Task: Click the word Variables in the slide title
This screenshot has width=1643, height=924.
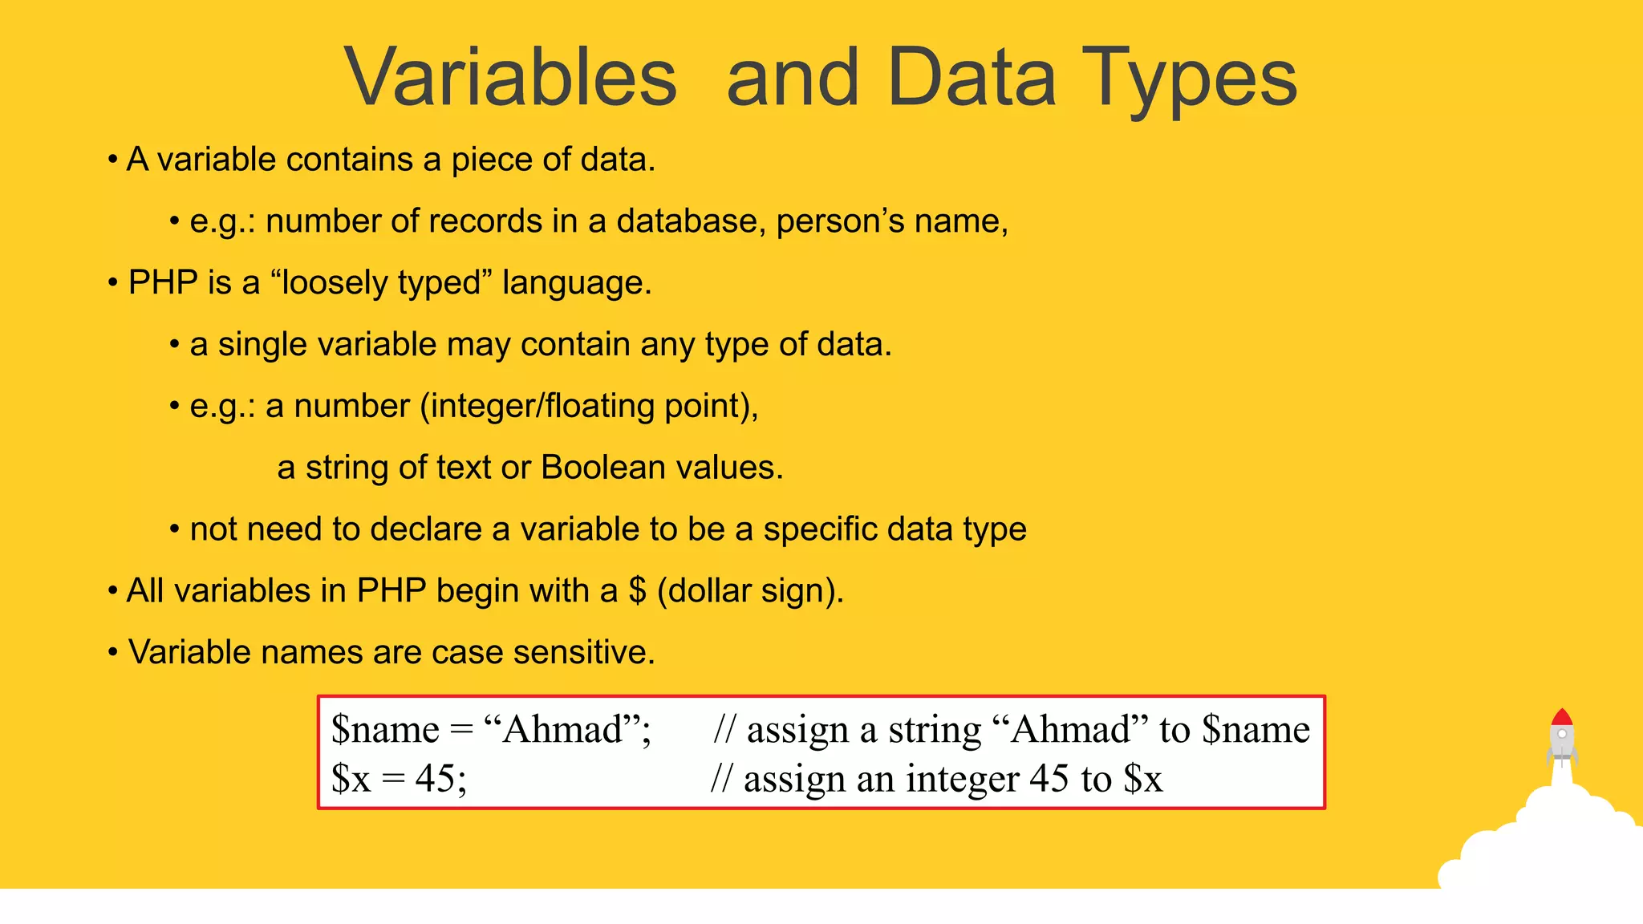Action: pos(511,78)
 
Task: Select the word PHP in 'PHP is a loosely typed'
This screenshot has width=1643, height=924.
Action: pos(163,283)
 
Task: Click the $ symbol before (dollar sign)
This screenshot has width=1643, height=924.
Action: pos(637,591)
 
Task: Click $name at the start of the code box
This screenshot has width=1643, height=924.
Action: pos(385,729)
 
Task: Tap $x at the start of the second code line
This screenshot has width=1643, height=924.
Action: pos(351,778)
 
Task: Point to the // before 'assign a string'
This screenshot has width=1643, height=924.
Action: pos(724,729)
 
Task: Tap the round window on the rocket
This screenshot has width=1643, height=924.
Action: pos(1562,734)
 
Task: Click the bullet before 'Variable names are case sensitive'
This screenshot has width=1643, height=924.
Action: pos(113,652)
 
